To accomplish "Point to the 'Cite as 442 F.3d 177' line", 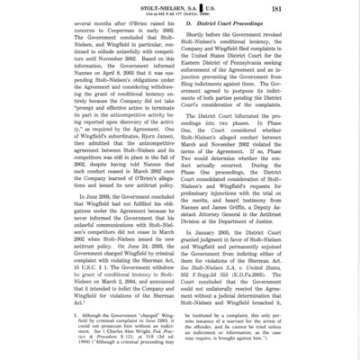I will [x=181, y=18].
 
